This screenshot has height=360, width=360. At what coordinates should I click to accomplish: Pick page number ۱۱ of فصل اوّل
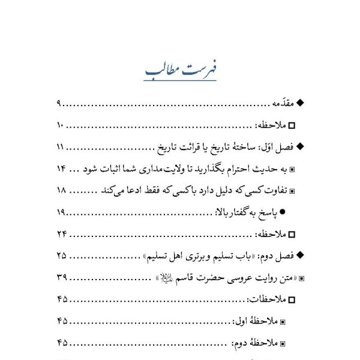coord(61,147)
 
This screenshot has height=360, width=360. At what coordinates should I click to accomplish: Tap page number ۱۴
coord(61,169)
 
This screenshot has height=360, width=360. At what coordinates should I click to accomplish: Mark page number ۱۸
coord(61,191)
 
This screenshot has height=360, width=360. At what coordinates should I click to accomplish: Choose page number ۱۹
coord(61,212)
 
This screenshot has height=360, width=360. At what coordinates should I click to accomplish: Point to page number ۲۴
coord(61,234)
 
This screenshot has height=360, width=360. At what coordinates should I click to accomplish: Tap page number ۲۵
coord(61,256)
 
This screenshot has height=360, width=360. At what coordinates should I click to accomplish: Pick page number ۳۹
coord(61,277)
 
